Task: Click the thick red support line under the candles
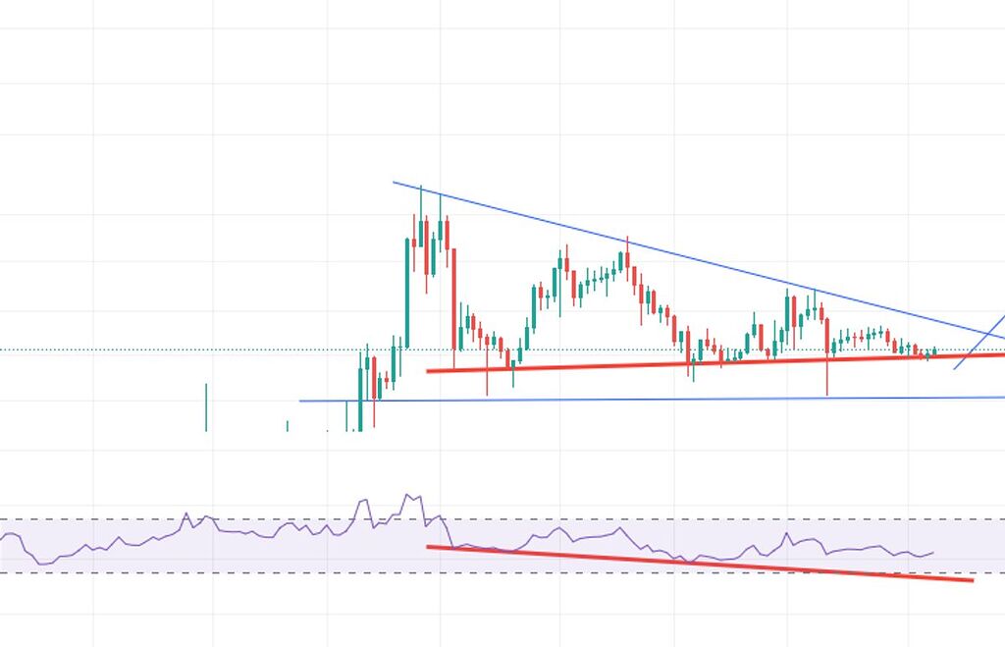687,362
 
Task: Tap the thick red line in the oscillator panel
687,562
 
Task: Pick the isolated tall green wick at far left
206,406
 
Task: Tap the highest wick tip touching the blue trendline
421,187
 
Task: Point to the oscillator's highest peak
406,495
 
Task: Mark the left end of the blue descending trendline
394,182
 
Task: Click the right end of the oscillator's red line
972,580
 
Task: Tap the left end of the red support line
428,370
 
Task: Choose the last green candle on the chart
935,350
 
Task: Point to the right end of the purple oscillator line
932,553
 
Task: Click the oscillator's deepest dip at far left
44,563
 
